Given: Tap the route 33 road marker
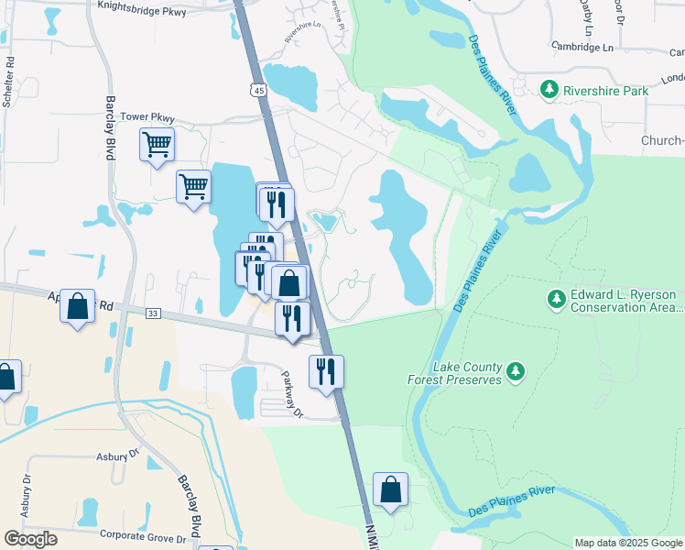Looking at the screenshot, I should pyautogui.click(x=152, y=313).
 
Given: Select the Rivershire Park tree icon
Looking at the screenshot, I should pyautogui.click(x=549, y=90).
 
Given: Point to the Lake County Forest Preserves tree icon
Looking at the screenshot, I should pyautogui.click(x=516, y=371).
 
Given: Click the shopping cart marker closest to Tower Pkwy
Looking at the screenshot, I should pyautogui.click(x=157, y=144).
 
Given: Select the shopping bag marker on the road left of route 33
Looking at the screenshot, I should pyautogui.click(x=78, y=305).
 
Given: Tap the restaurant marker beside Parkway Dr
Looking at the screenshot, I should pyautogui.click(x=326, y=371).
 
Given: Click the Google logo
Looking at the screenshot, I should pyautogui.click(x=30, y=539).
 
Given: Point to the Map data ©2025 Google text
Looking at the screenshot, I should pyautogui.click(x=628, y=543).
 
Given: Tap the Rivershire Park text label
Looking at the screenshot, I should pyautogui.click(x=605, y=91).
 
